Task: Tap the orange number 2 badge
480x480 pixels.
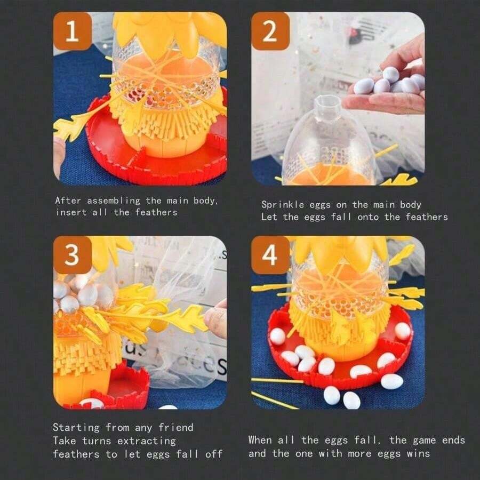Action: (x=270, y=31)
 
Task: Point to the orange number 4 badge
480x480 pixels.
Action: (x=270, y=255)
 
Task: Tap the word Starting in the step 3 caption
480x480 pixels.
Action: (x=76, y=428)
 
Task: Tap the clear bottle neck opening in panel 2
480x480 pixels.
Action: (x=328, y=101)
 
